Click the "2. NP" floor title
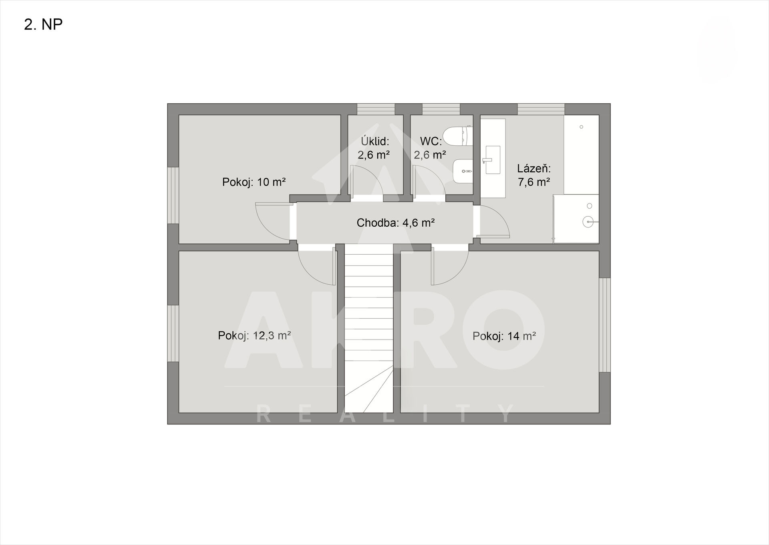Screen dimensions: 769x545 pyautogui.click(x=43, y=25)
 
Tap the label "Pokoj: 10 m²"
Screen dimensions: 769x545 pyautogui.click(x=254, y=182)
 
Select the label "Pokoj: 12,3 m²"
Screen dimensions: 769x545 pyautogui.click(x=254, y=336)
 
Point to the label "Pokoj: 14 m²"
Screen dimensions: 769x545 pyautogui.click(x=504, y=336)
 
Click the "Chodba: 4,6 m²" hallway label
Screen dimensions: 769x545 pyautogui.click(x=396, y=223)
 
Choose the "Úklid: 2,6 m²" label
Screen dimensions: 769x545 pyautogui.click(x=374, y=148)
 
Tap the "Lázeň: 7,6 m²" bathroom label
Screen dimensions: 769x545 pyautogui.click(x=534, y=175)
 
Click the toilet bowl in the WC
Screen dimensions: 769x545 pyautogui.click(x=459, y=135)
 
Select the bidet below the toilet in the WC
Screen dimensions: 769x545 pyautogui.click(x=463, y=171)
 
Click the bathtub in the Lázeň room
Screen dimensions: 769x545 pyautogui.click(x=582, y=155)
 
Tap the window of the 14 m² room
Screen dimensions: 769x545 pyautogui.click(x=605, y=325)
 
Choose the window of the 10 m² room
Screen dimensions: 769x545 pyautogui.click(x=173, y=195)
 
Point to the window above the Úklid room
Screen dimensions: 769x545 pyautogui.click(x=376, y=109)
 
